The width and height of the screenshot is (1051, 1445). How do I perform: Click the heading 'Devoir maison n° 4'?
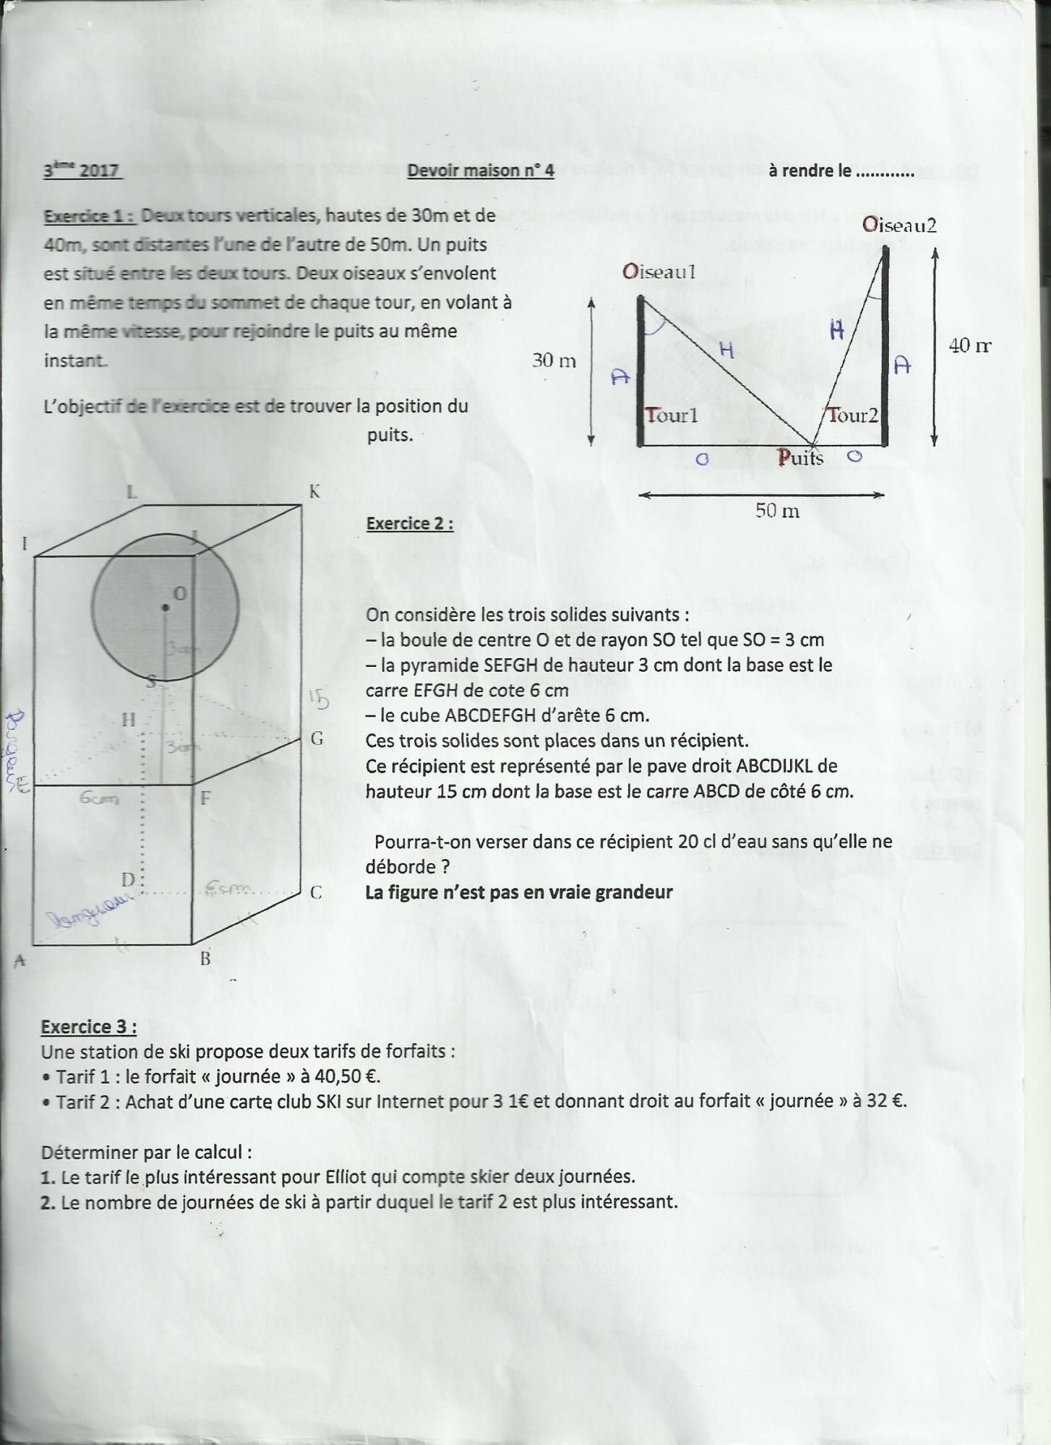480,171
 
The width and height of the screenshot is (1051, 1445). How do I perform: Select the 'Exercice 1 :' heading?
89,216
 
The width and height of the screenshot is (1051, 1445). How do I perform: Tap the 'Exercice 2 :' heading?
410,523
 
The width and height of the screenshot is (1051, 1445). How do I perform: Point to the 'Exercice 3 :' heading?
88,1027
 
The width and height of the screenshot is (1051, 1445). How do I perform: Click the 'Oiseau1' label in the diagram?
659,272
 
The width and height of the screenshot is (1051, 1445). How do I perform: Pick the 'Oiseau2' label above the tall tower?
899,225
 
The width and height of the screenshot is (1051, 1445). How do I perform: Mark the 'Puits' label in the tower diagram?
800,457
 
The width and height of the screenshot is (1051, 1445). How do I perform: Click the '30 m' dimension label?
554,360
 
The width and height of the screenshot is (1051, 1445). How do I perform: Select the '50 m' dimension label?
777,511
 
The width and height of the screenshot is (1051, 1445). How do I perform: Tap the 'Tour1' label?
672,415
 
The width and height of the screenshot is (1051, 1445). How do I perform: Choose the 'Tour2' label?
853,415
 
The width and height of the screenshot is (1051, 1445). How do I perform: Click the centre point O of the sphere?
166,608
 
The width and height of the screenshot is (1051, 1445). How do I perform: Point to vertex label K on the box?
314,492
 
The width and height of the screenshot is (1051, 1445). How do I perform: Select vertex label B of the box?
205,959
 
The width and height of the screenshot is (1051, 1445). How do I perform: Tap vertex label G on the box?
317,738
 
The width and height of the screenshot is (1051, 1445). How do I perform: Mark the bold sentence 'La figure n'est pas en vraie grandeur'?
519,892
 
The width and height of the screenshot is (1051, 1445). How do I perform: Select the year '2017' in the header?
99,171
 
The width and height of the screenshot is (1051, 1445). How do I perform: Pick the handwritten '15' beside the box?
318,699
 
